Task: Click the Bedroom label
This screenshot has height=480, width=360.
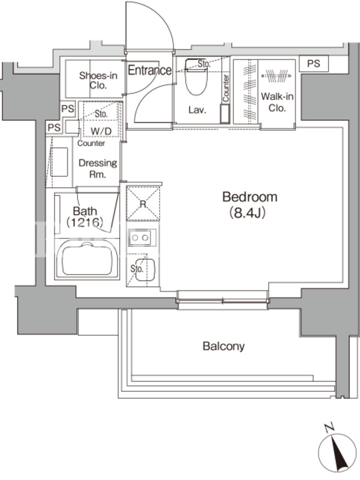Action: click(250, 197)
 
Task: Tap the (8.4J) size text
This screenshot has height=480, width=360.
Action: click(247, 213)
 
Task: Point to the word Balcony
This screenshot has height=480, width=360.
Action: click(223, 347)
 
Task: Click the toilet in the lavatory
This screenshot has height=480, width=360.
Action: click(197, 77)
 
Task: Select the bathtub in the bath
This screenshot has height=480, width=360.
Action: click(86, 259)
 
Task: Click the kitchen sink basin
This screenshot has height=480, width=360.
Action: click(145, 269)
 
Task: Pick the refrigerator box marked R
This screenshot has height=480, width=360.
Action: click(143, 203)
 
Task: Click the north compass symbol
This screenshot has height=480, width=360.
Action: click(337, 453)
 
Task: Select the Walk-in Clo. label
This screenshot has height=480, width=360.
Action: click(277, 102)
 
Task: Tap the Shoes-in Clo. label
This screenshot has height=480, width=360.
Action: click(98, 80)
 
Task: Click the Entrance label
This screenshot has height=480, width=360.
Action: click(149, 70)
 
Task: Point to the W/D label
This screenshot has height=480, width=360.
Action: click(101, 131)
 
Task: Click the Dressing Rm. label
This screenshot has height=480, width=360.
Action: click(98, 169)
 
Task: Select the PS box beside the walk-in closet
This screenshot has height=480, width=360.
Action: click(314, 64)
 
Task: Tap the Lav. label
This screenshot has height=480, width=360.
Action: click(197, 110)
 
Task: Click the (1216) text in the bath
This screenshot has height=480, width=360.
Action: click(85, 222)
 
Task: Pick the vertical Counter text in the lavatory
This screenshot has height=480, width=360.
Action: click(226, 88)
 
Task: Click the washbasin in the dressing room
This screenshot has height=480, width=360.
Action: click(59, 162)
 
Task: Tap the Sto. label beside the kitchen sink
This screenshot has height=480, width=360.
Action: click(137, 269)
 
